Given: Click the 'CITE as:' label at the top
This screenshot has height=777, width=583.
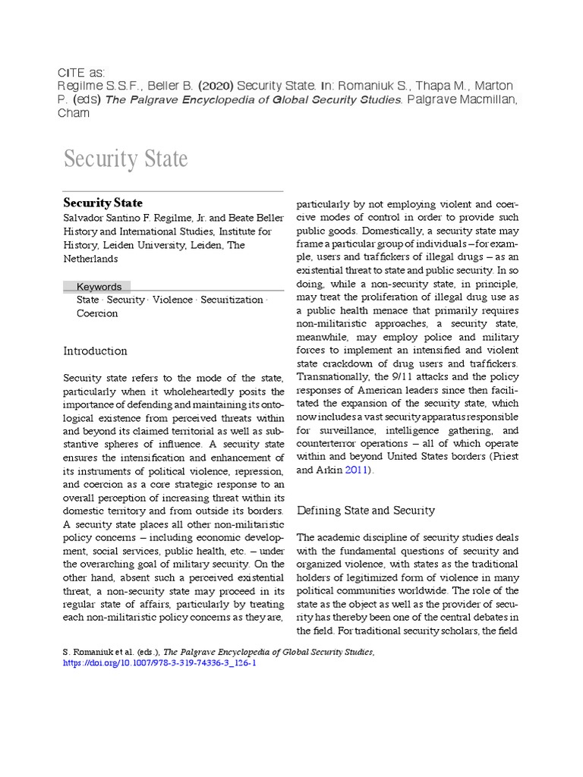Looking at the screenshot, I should [82, 72].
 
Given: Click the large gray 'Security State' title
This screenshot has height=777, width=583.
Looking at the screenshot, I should [125, 159].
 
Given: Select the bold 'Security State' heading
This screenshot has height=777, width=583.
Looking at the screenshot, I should [102, 203].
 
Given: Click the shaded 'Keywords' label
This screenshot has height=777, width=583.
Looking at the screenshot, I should [99, 287].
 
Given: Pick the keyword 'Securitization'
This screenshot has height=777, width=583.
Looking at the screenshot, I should [231, 300].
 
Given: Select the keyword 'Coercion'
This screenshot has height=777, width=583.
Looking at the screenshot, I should [97, 313].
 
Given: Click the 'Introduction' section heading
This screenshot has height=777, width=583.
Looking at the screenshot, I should [95, 351].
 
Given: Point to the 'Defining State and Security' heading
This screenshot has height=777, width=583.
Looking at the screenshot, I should [365, 510].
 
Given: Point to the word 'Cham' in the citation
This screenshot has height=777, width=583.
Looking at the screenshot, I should [74, 113].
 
